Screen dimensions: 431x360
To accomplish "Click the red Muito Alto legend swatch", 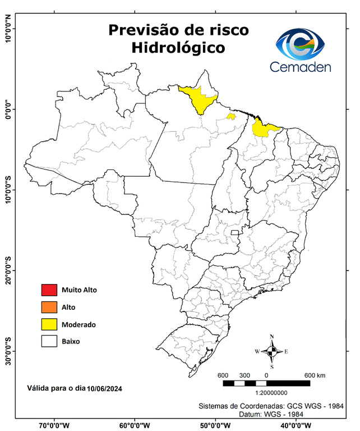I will [x=49, y=290].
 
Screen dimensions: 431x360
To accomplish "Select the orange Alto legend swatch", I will [x=49, y=307].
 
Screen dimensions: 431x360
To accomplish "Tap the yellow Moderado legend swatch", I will [x=49, y=324].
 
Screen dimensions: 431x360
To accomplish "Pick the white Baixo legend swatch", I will [x=49, y=341].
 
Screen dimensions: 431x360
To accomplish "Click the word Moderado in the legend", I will [x=79, y=324].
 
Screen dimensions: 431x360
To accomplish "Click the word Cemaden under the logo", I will [x=301, y=67].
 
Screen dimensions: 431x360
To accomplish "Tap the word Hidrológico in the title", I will [x=178, y=48].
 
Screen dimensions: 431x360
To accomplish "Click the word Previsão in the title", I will [x=141, y=29].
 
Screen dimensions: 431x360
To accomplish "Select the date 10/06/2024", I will [x=105, y=388].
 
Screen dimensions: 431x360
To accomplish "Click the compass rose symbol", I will [x=271, y=351].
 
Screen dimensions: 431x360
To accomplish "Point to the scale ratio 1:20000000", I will [x=271, y=393].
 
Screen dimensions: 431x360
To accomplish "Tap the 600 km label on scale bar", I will [x=315, y=375].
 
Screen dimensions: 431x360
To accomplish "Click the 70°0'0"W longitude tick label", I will [x=54, y=425].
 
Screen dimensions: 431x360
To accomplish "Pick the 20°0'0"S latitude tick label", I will [x=8, y=270].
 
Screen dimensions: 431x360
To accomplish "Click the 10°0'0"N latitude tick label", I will [x=8, y=29].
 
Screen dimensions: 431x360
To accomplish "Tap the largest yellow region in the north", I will [x=198, y=98].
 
